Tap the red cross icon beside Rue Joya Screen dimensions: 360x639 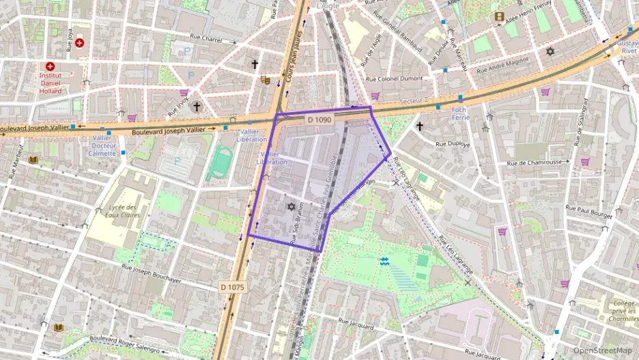tap(79, 43)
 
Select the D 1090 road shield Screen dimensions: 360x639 tap(319, 120)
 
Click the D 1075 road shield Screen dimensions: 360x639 tap(232, 287)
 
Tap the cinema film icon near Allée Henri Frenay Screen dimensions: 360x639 tap(500, 16)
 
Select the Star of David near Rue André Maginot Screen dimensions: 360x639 tap(550, 51)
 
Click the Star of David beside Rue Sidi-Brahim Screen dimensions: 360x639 tap(291, 206)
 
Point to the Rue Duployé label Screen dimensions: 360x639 tap(454, 144)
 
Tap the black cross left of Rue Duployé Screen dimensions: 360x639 tap(419, 126)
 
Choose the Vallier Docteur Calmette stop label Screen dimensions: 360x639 tap(102, 145)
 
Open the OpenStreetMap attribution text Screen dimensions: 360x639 tap(602, 350)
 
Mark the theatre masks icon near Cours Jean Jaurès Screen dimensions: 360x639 tap(266, 80)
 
